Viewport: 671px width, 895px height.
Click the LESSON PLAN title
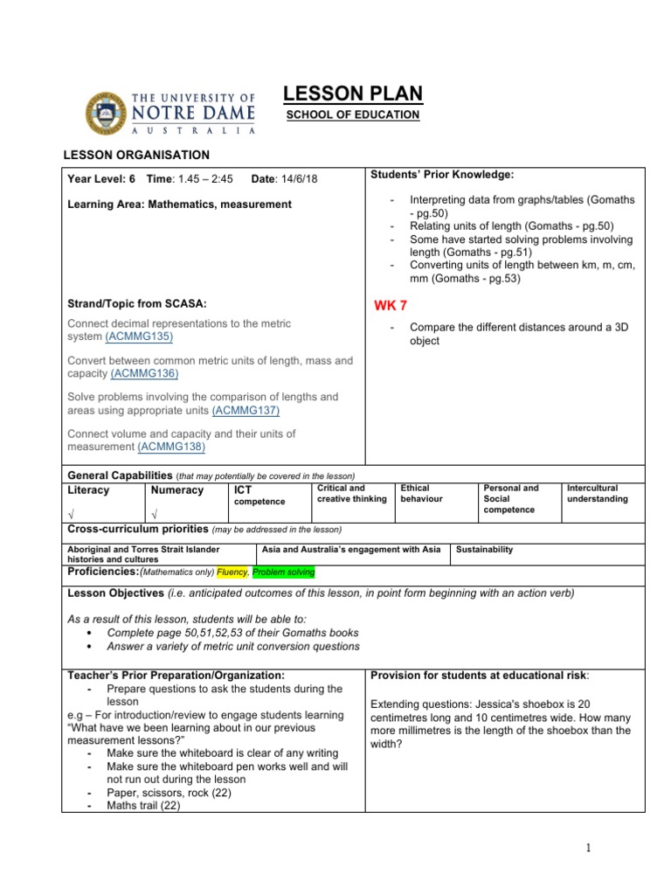(x=353, y=94)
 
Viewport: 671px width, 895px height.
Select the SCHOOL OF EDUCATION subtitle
(x=354, y=115)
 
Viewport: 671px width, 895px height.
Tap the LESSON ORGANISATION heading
(x=138, y=155)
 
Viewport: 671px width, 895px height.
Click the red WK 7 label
(x=390, y=305)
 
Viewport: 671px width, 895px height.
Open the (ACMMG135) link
(x=139, y=336)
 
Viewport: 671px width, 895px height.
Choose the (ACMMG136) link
(x=144, y=373)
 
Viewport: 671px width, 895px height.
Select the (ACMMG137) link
(x=246, y=409)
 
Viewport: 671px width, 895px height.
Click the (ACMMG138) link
(x=171, y=447)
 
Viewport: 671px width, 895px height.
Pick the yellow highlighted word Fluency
(x=232, y=572)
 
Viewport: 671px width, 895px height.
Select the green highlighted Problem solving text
(x=283, y=572)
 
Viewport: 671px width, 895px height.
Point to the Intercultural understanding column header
(x=598, y=493)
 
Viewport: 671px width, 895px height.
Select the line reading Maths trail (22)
(x=143, y=806)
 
